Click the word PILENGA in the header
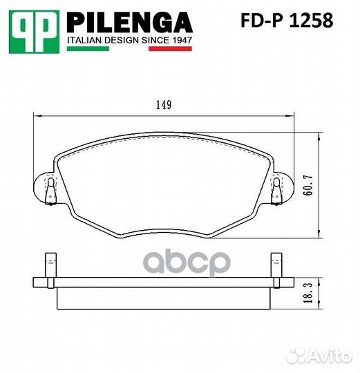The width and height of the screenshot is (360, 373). coord(129,23)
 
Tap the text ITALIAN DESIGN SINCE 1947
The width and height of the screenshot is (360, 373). coord(129,41)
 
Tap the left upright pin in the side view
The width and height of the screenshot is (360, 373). coord(50,266)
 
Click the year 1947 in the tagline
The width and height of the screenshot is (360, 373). coord(181,41)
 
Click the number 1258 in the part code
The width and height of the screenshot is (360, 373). coord(313,21)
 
